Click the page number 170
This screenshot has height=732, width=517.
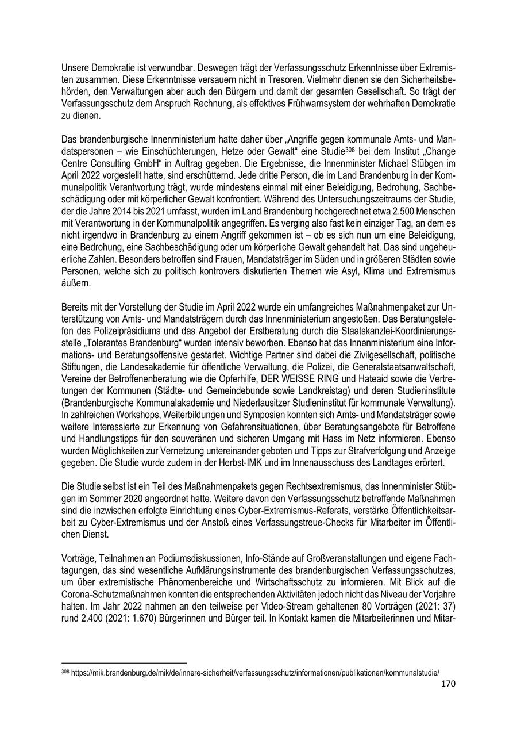click(447, 684)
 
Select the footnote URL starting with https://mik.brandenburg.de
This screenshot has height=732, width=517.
click(255, 672)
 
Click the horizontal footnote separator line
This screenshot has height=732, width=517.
click(124, 662)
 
